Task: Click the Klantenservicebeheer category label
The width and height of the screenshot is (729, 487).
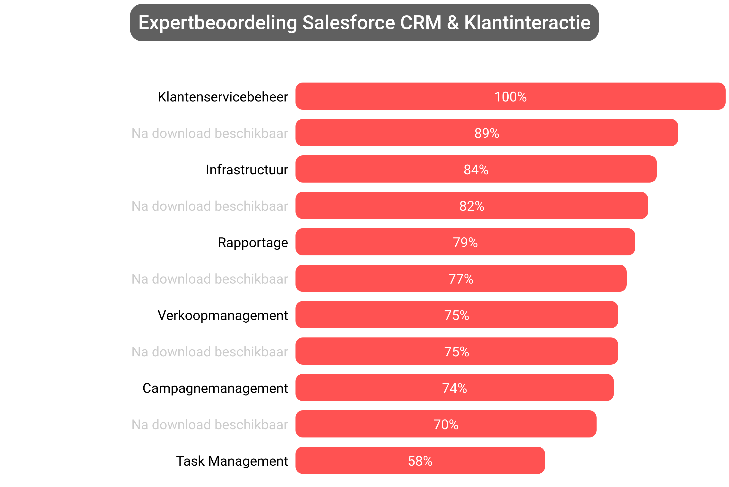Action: [x=223, y=97]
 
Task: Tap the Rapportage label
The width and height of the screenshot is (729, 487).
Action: [x=253, y=243]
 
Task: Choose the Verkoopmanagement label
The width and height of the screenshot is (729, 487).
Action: [x=223, y=315]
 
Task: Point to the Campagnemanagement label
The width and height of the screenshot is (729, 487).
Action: [x=215, y=388]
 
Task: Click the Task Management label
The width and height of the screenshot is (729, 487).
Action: [x=232, y=461]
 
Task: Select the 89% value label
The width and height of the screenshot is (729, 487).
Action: [x=486, y=133]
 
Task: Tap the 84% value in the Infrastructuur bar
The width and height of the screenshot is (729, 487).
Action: [x=476, y=170]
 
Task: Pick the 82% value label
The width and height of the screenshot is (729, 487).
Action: [x=472, y=206]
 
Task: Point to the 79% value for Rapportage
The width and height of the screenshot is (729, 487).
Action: [x=465, y=243]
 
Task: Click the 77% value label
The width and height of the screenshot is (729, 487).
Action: [x=461, y=279]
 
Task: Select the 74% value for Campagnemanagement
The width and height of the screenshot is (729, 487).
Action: [x=454, y=388]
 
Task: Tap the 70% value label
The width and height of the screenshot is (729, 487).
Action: [x=446, y=425]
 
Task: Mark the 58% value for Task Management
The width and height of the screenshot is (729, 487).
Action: [x=420, y=461]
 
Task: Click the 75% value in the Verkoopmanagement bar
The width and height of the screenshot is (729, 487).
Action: [x=456, y=315]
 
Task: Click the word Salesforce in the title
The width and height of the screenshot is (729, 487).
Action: [x=348, y=23]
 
